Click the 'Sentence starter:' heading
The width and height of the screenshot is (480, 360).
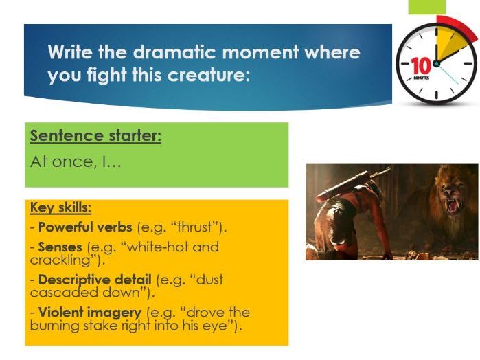95,136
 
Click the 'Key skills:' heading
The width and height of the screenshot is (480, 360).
60,207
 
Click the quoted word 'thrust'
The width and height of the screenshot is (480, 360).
195,227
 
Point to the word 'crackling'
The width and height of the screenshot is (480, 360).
60,260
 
